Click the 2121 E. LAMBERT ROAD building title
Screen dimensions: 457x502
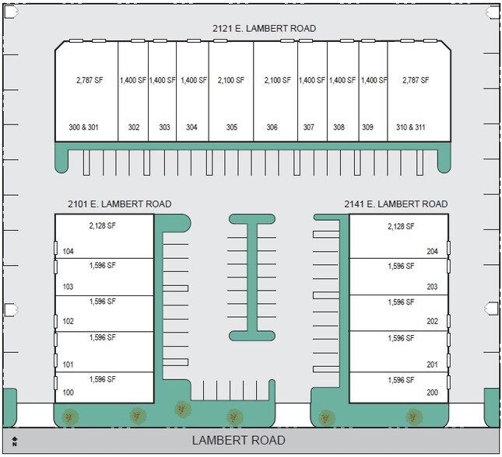coord(264,29)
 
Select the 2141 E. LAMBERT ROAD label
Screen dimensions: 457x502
coord(396,204)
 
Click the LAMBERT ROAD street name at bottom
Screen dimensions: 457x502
coord(239,441)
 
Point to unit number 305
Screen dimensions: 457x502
coord(232,127)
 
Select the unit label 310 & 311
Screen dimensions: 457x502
coord(411,127)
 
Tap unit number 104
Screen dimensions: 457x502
coord(68,251)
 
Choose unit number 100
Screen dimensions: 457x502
coord(68,392)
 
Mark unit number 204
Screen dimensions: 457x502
coord(433,251)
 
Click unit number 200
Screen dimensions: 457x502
coord(433,392)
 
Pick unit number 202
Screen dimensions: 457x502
coord(433,321)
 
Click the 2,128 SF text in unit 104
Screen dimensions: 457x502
coord(102,226)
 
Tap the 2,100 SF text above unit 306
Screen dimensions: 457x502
coord(276,80)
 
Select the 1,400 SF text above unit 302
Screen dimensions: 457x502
coord(133,80)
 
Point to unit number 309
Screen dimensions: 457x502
coord(367,127)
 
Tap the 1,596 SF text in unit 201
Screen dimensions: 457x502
coord(401,338)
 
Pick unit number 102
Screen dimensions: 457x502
coord(68,321)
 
